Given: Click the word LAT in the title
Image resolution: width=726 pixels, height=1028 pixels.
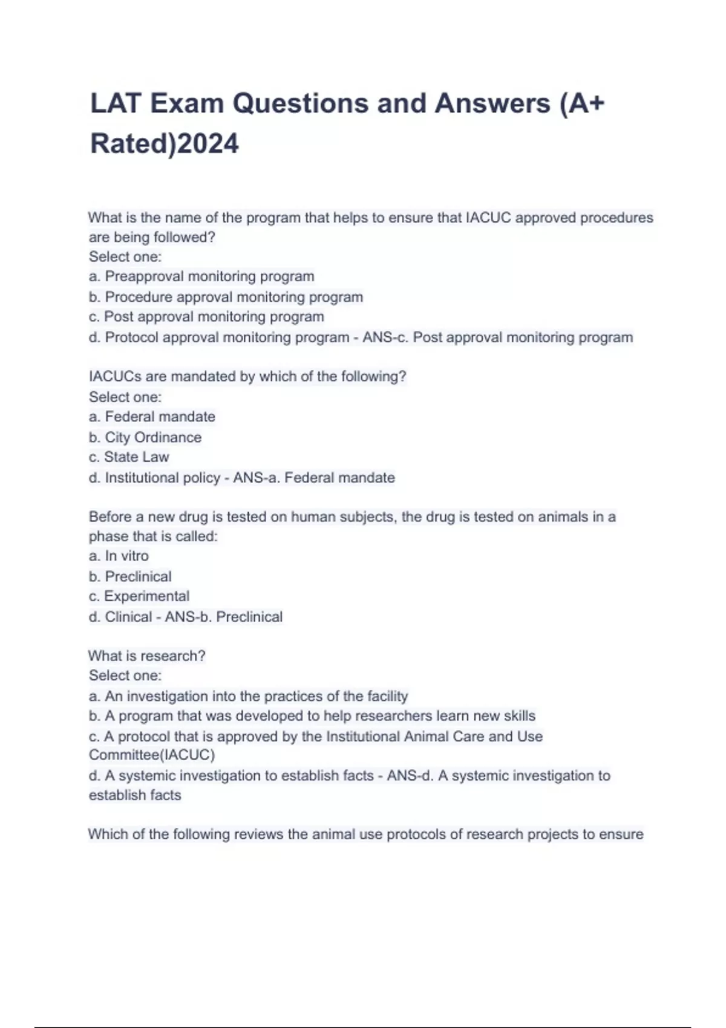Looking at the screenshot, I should coord(115,103).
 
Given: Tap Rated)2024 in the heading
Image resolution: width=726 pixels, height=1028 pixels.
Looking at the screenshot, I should coord(165,144).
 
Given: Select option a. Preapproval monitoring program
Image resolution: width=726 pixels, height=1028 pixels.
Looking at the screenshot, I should coord(201,276).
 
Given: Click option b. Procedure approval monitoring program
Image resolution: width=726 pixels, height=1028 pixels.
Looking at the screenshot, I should coord(226,297).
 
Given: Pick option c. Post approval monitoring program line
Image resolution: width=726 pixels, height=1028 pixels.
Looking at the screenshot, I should coord(206,316).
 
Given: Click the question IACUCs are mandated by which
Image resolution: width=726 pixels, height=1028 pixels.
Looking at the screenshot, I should coord(247,376).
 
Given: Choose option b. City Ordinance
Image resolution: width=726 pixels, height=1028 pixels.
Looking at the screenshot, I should coord(145,437).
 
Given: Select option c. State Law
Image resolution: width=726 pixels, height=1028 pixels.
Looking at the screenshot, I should coord(129,457).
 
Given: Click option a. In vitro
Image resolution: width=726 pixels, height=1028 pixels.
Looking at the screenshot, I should coord(119,556).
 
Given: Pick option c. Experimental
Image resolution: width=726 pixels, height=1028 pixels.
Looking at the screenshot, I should coord(139,596).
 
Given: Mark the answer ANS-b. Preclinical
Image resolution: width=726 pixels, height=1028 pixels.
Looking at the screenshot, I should coord(224,617).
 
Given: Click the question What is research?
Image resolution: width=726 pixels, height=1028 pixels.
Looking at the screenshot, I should coord(147,656).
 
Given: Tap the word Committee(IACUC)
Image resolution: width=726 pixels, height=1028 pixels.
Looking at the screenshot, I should coord(152,755).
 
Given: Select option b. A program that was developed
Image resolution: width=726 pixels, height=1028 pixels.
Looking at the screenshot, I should coord(312,716).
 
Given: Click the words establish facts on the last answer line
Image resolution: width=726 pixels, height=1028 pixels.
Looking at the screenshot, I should coord(135,795).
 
